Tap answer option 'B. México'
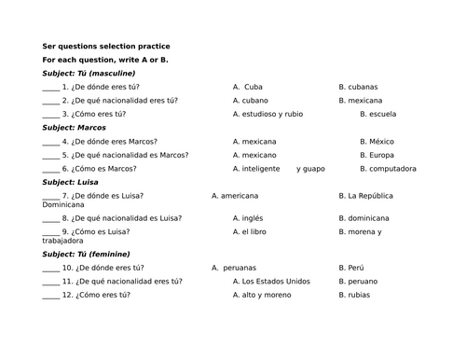tap(377, 141)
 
